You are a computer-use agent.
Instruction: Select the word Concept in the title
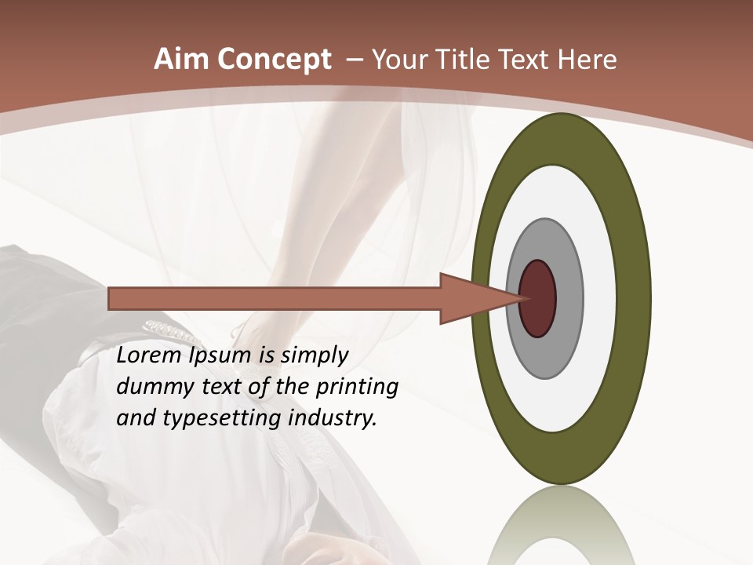pyautogui.click(x=276, y=60)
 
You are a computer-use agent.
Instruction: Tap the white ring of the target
pyautogui.click(x=600, y=298)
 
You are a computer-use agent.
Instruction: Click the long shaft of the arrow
pyautogui.click(x=275, y=298)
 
